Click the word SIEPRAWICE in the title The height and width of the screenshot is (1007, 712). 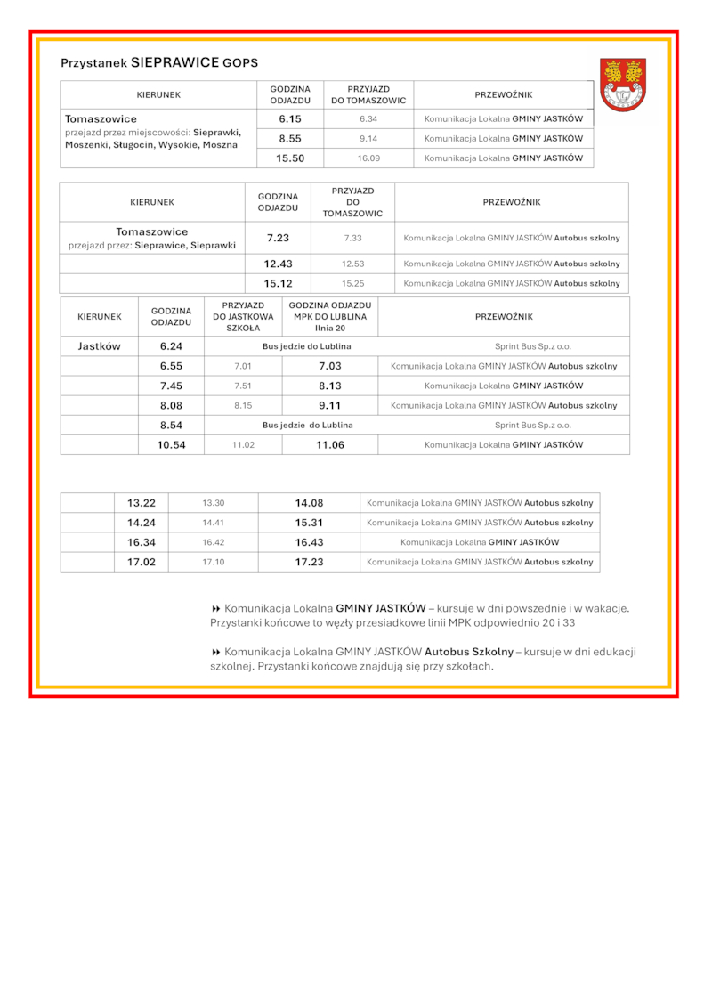tap(174, 63)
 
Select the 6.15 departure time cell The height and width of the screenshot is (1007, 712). tap(290, 118)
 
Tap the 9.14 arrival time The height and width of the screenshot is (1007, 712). tap(368, 139)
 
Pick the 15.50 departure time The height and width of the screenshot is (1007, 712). tap(290, 158)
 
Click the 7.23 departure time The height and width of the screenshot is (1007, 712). tap(278, 239)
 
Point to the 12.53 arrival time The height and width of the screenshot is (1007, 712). tap(353, 264)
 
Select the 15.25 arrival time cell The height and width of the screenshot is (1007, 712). tap(353, 284)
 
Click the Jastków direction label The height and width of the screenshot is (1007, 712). tap(99, 346)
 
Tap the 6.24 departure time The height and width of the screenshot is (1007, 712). tap(171, 346)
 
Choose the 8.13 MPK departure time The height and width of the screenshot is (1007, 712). tap(330, 386)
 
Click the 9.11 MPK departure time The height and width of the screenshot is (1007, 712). tap(330, 405)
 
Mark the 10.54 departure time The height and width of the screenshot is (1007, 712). tap(171, 445)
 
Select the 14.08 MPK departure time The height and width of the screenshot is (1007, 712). tap(309, 503)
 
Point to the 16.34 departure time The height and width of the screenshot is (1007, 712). tap(141, 542)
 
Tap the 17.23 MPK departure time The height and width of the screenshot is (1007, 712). tap(309, 562)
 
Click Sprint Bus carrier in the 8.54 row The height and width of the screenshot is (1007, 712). tap(533, 426)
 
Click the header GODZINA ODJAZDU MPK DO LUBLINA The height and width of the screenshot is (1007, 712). tap(330, 316)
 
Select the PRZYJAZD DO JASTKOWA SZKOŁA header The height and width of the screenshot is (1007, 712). tap(243, 316)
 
